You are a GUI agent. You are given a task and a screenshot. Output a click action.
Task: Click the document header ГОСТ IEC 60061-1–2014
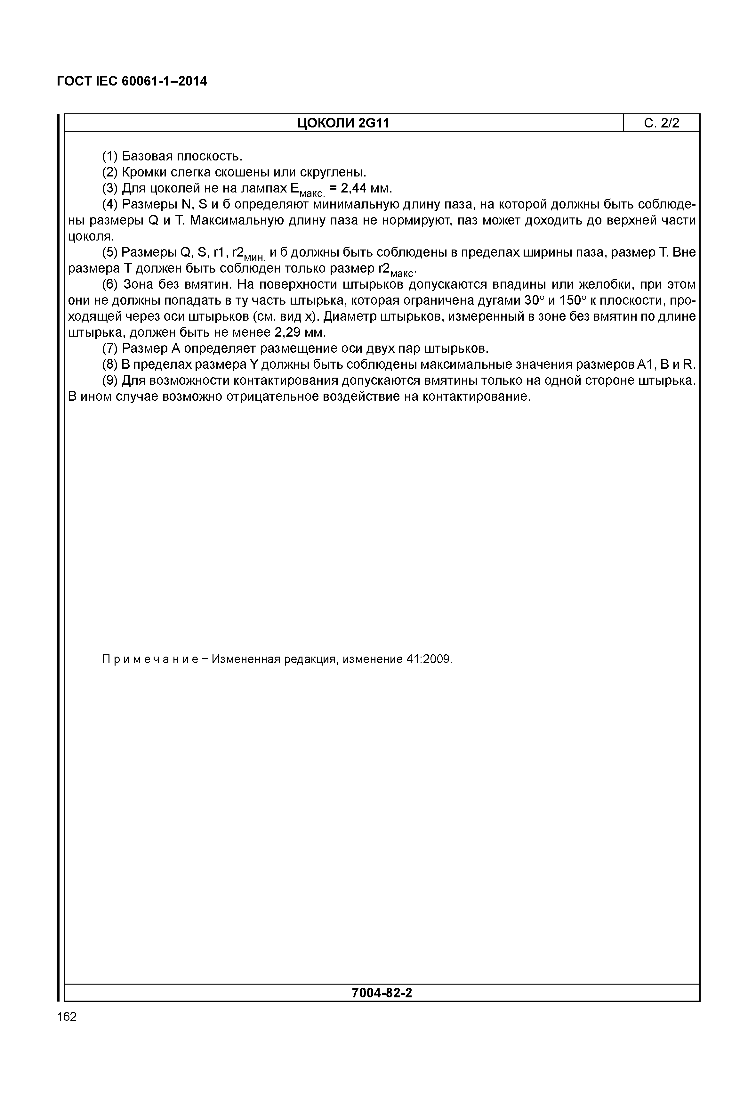click(x=132, y=82)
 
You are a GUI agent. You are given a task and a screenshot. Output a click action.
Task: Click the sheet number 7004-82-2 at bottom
click(x=382, y=993)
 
